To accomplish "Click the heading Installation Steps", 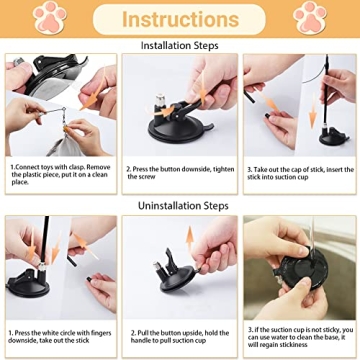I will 180,45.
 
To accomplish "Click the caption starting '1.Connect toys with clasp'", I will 60,175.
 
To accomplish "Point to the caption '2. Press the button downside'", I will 180,172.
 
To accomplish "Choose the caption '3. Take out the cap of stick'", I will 300,172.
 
